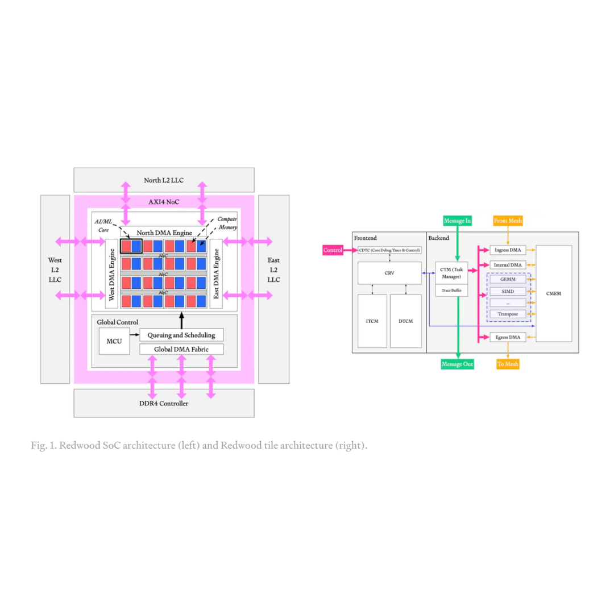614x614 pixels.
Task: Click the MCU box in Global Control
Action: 114,341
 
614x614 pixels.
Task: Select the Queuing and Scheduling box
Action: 181,335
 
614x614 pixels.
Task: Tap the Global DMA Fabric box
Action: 181,349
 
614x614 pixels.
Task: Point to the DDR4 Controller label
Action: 164,403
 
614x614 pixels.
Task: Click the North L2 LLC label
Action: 164,180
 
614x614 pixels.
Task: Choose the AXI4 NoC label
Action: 164,202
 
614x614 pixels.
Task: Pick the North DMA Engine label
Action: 164,233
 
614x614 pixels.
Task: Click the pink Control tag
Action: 333,250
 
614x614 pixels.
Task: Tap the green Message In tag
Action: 457,221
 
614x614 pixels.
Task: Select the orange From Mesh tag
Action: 508,221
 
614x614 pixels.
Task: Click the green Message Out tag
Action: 457,364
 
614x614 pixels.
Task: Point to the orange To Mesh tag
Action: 508,364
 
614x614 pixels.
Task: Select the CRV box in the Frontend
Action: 389,273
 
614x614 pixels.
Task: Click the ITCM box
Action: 372,321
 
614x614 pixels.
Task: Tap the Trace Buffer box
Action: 451,291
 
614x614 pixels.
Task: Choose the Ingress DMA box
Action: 508,250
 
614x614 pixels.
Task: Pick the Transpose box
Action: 508,314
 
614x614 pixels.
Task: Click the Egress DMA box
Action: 508,337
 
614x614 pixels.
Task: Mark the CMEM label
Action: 554,293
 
